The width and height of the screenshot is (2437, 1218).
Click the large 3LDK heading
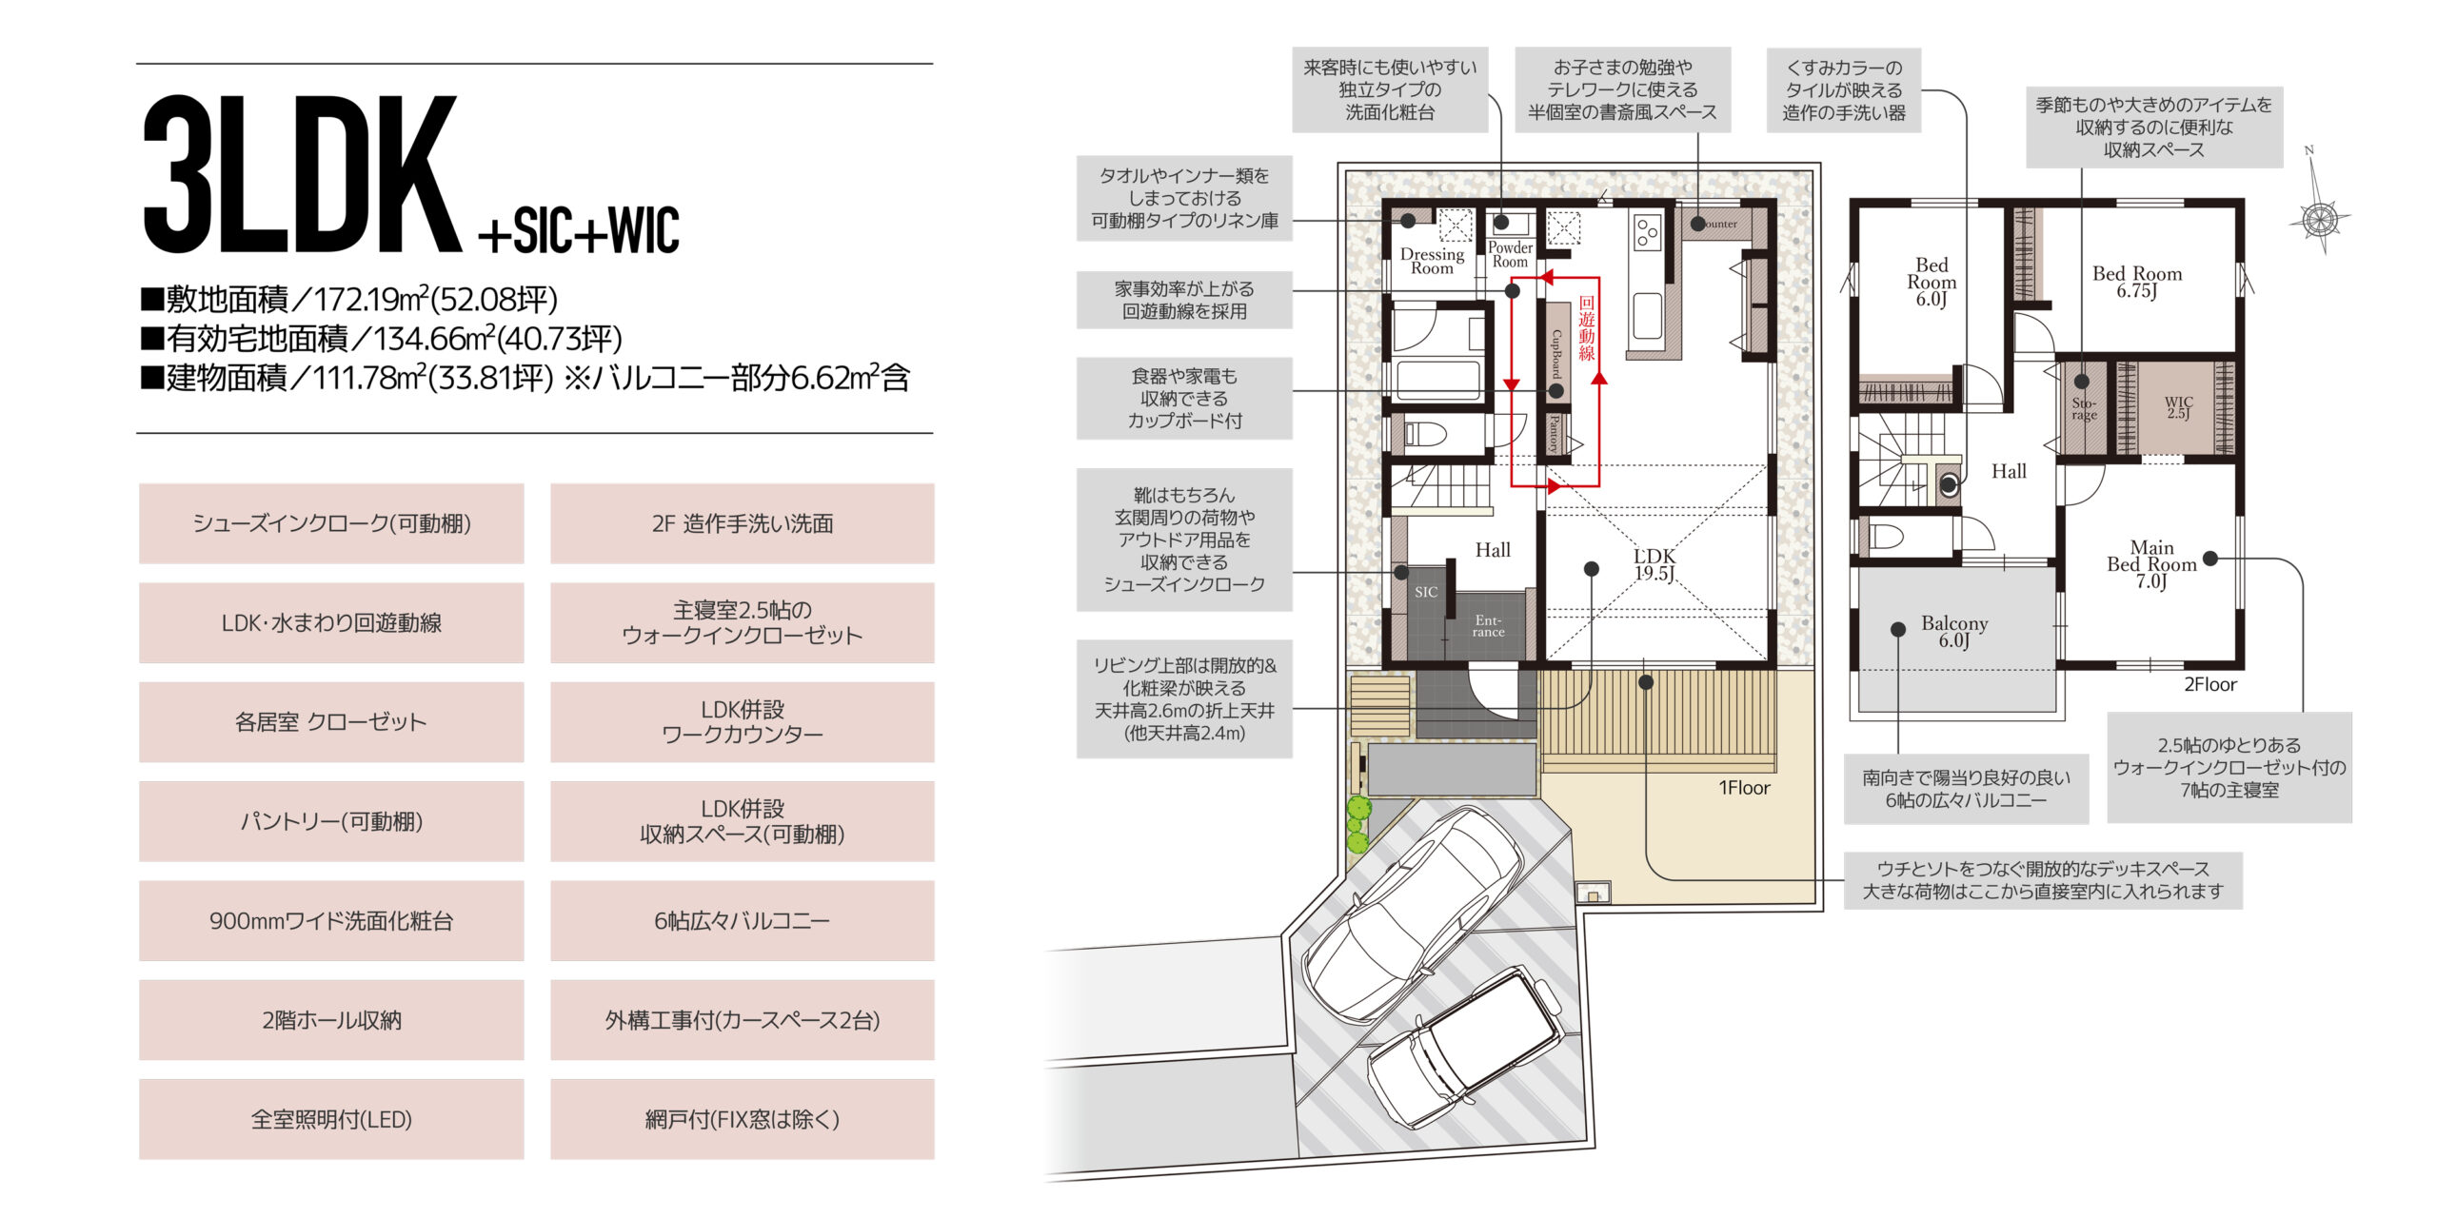pos(302,173)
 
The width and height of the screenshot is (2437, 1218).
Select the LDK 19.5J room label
pos(1654,564)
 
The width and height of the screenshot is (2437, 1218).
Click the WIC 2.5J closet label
pos(2178,407)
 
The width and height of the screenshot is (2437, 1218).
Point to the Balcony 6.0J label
pos(1954,631)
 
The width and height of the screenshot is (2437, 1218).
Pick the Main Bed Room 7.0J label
pos(2151,564)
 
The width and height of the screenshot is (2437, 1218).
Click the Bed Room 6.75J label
pos(2137,282)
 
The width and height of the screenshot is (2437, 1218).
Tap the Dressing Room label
pos(1432,261)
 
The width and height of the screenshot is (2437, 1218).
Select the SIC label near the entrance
pos(1426,592)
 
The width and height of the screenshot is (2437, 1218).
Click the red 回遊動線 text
pos(1586,328)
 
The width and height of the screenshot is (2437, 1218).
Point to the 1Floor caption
pos(1744,788)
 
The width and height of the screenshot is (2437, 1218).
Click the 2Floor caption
pos(2209,684)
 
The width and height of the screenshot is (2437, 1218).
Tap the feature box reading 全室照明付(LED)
pos(331,1119)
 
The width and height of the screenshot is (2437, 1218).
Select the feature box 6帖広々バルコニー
pos(743,920)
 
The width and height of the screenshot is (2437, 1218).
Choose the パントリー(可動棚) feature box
pos(331,821)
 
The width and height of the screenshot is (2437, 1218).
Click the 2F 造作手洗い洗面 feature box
pos(743,523)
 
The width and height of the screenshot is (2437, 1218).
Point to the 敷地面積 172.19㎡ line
pos(348,299)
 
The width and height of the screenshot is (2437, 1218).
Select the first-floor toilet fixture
pos(1423,435)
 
